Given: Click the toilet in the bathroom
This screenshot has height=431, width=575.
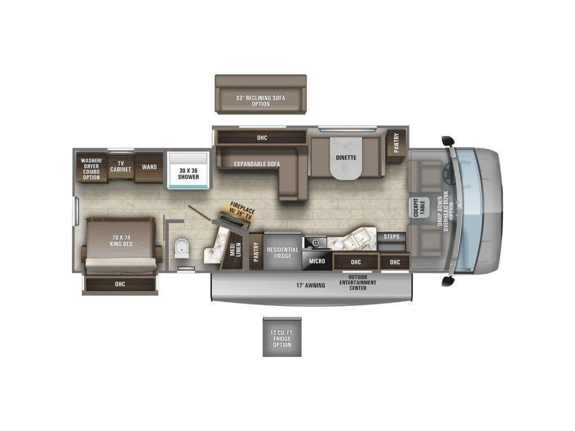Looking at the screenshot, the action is [182, 249].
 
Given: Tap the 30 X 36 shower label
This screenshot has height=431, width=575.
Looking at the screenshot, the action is [189, 174].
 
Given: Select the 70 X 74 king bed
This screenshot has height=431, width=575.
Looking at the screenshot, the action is [121, 245].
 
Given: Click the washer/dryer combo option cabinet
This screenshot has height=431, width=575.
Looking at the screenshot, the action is [92, 168].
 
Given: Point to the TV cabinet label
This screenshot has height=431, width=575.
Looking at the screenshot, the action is [121, 166].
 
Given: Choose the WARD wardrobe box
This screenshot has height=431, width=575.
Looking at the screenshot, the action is [149, 167].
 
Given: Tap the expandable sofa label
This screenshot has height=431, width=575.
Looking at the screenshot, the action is [257, 164].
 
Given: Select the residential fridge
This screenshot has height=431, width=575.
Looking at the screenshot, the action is [282, 252].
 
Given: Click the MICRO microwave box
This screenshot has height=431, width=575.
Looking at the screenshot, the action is [317, 260].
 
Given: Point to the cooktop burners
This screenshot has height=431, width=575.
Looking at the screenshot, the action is [316, 242].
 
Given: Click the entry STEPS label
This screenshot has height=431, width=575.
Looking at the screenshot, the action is [391, 236].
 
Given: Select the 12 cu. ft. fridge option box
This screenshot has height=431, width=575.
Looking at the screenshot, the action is [282, 337].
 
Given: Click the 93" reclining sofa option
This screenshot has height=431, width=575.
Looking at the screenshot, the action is [261, 94].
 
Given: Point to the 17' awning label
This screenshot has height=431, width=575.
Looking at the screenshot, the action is [311, 285].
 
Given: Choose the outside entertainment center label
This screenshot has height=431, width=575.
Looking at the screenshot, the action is [358, 283].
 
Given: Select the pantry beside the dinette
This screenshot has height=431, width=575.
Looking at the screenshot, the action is [396, 143].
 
